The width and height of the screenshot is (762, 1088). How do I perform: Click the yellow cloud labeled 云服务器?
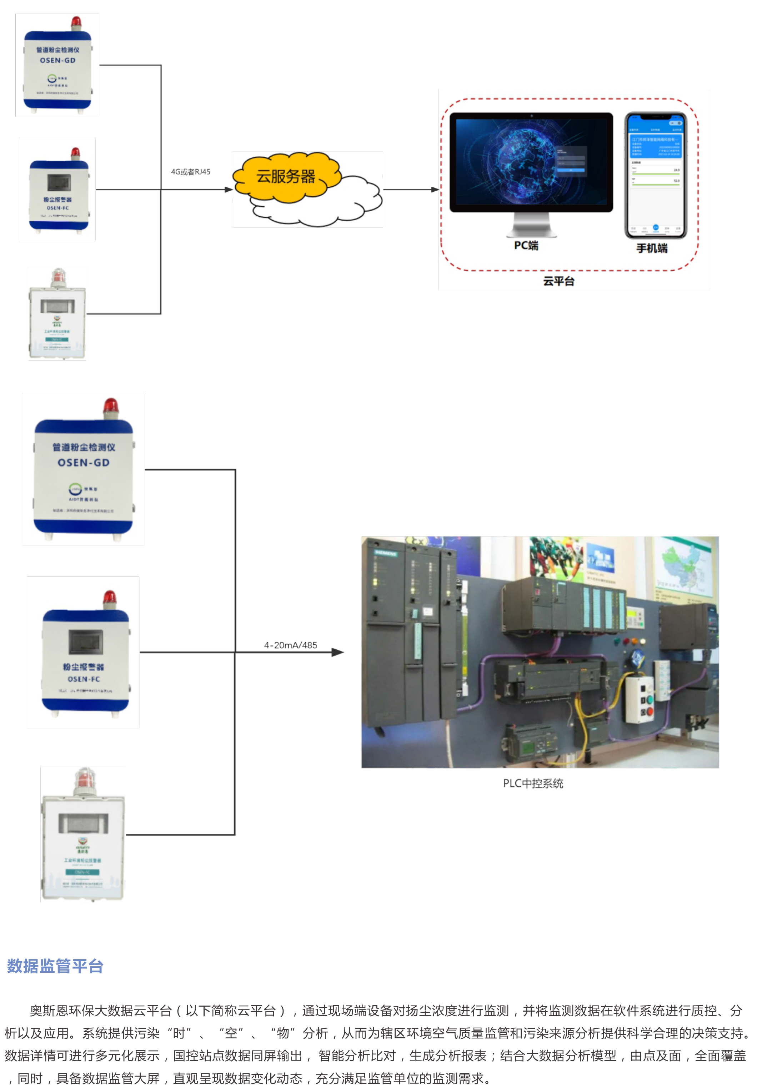(286, 177)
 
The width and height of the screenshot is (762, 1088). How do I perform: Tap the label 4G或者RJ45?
(191, 172)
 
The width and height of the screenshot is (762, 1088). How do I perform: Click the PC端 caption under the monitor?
(526, 246)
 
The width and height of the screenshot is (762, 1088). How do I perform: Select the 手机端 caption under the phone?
(652, 248)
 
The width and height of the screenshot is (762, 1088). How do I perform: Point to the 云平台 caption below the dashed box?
(559, 281)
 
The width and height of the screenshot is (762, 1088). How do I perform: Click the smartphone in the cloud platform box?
(655, 175)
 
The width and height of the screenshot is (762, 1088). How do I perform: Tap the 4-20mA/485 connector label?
(291, 645)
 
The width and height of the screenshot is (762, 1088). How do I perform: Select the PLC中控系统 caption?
(533, 783)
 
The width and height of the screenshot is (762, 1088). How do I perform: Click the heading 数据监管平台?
(55, 966)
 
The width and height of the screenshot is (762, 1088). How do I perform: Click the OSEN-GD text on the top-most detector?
(57, 61)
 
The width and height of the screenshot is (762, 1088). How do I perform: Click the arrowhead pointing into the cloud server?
(229, 190)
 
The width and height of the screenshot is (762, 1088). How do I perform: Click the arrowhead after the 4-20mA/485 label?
(338, 653)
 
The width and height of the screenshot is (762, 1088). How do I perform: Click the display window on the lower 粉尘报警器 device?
(86, 642)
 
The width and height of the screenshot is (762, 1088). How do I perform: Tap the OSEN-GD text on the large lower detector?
(84, 463)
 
